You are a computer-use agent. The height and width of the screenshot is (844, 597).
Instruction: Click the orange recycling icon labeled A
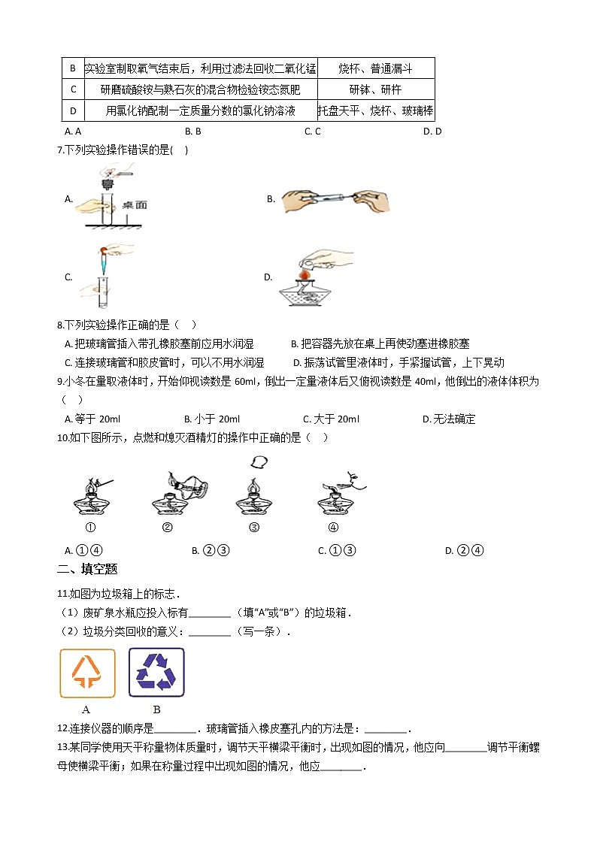pos(87,673)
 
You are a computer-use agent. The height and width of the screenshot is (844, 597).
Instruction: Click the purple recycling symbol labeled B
pos(156,673)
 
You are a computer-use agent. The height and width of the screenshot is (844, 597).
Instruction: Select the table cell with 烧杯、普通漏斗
pos(375,68)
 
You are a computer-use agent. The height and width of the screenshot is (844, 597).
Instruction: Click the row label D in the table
pos(73,111)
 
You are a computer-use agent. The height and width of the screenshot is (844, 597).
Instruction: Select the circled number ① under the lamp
pos(90,527)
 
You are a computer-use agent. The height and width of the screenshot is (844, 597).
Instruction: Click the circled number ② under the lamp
pos(167,527)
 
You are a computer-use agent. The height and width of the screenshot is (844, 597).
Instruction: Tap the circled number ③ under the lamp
pos(253,527)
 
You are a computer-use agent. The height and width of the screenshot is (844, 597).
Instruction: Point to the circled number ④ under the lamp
pos(333,527)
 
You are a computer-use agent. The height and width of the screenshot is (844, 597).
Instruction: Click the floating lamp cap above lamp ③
pos(260,461)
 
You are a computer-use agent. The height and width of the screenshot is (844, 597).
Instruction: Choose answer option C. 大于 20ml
pos(331,419)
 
